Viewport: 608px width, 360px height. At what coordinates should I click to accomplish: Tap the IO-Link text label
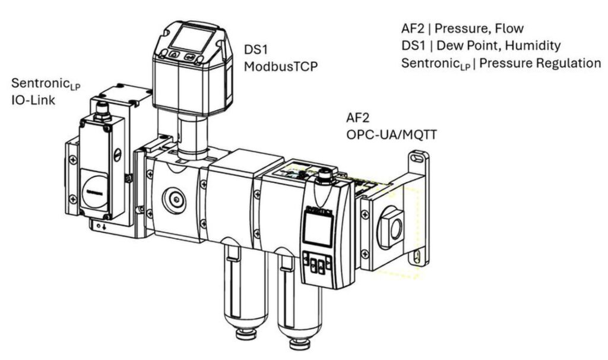(x=33, y=100)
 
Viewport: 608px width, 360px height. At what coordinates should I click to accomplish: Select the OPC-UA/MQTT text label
(x=391, y=135)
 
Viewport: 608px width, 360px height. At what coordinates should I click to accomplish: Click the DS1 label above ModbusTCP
(x=256, y=49)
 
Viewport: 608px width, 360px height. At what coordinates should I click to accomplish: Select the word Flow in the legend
(x=511, y=29)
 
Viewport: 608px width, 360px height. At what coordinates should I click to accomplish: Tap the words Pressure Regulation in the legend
(x=540, y=63)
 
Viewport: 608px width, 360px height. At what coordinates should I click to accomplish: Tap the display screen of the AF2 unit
(x=317, y=229)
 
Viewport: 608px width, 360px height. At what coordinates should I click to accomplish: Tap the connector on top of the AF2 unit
(x=324, y=176)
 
